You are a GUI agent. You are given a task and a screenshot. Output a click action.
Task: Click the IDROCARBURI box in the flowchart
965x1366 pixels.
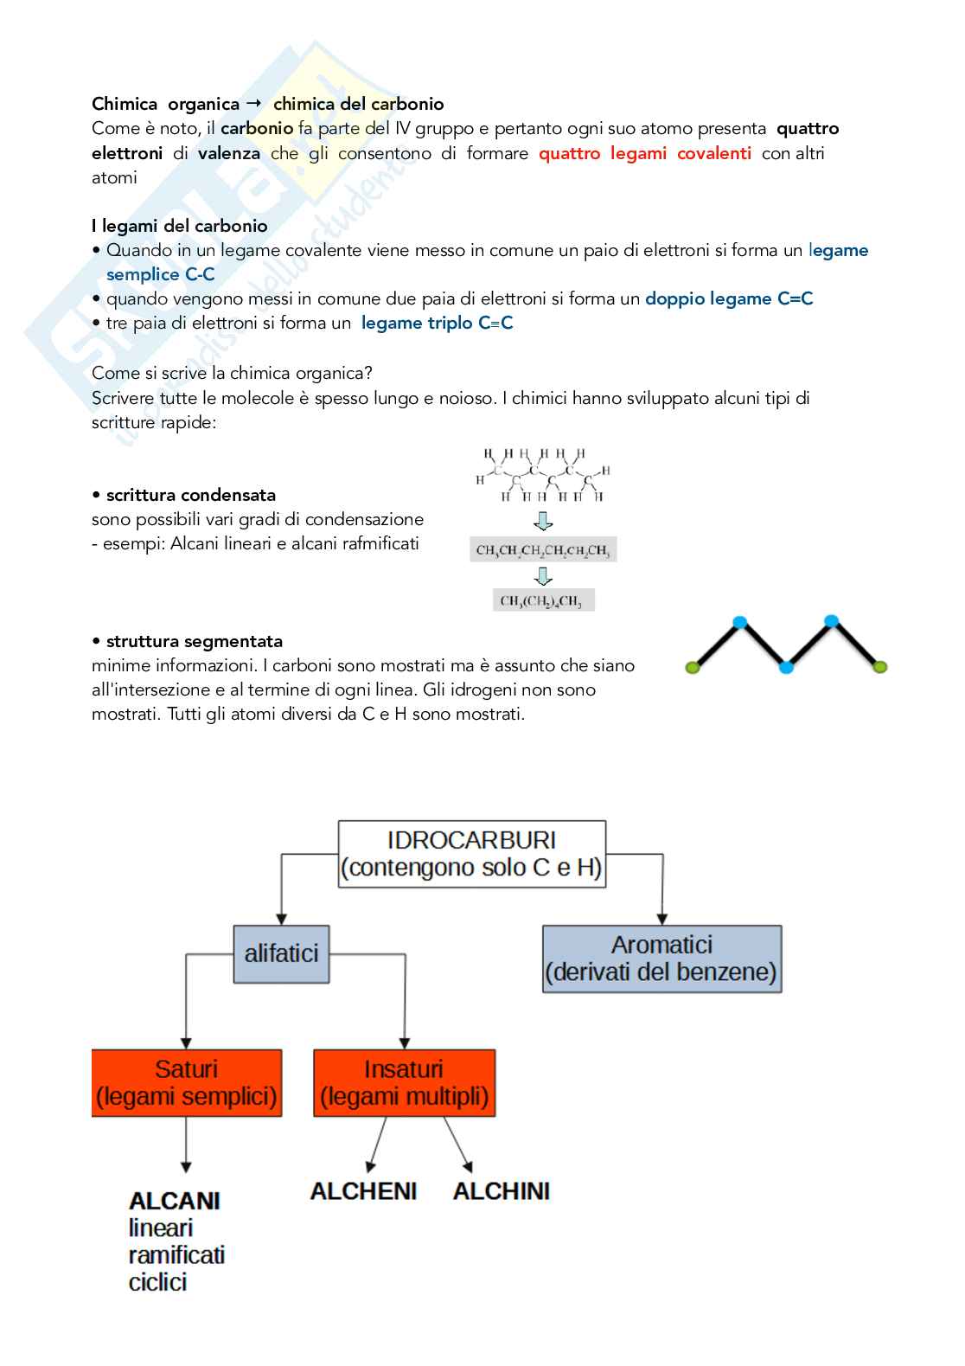tap(471, 854)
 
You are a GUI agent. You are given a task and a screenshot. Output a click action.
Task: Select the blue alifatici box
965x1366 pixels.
tap(281, 953)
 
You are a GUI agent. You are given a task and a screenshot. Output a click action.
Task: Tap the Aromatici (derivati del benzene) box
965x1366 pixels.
tap(661, 959)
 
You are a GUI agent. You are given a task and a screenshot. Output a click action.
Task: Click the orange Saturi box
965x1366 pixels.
tap(187, 1082)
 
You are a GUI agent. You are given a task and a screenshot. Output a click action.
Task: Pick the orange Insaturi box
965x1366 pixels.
tap(404, 1082)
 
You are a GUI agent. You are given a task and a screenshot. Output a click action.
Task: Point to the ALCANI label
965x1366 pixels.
tap(175, 1201)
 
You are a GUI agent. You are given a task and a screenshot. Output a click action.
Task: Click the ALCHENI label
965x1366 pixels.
tap(363, 1191)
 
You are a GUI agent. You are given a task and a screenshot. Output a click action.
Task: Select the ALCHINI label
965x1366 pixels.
tap(502, 1191)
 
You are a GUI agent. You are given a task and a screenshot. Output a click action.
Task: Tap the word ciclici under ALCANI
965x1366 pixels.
tap(157, 1282)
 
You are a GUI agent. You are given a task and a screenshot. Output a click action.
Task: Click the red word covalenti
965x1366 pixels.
tap(714, 153)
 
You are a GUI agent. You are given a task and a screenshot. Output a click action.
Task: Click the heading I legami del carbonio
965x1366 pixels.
tap(180, 226)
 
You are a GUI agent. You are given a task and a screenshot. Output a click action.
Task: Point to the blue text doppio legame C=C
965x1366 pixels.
tap(729, 298)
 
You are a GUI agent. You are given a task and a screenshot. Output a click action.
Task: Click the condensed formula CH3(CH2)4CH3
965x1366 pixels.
tap(541, 600)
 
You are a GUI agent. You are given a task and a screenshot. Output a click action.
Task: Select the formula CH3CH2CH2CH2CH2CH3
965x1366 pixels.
tap(543, 550)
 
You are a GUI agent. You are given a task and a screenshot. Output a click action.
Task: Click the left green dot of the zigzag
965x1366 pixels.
tap(692, 667)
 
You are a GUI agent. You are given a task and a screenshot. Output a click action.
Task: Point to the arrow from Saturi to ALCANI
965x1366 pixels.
tap(186, 1144)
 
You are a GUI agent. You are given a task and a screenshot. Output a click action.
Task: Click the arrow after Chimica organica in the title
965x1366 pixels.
tap(254, 103)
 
